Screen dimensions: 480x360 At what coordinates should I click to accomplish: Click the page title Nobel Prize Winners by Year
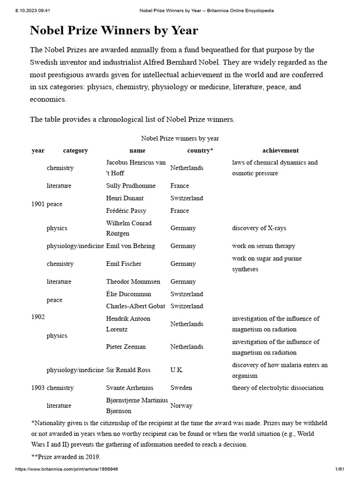coord(114,31)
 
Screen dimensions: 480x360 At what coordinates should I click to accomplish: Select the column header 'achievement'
coord(280,150)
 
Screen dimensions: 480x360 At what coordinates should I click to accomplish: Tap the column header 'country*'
coord(200,150)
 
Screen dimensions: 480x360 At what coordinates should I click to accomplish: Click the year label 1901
coord(38,204)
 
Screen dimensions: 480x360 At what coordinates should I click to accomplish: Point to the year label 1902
coord(38,317)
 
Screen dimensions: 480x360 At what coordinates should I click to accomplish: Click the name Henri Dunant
coord(125,198)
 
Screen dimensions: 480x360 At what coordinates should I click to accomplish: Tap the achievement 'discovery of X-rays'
coord(259,228)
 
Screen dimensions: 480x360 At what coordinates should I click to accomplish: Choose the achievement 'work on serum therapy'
coord(263,246)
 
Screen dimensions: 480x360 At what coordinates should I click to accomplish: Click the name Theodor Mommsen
coord(133,282)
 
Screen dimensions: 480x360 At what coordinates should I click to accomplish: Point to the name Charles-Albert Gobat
coord(134,306)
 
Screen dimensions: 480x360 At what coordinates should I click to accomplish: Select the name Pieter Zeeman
coord(126,347)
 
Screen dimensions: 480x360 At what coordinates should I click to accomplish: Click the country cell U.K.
coord(177,370)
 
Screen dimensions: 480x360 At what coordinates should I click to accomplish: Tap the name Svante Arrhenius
coord(130,388)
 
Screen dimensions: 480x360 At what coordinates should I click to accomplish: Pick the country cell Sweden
coord(181,388)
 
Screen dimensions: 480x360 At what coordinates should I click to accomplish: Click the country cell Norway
coord(181,405)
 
